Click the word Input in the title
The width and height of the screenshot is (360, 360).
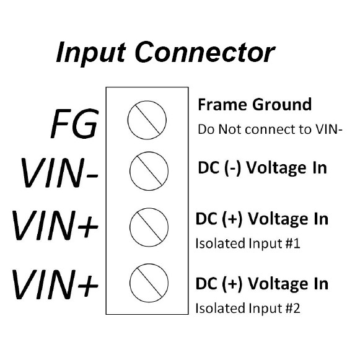[x=91, y=53]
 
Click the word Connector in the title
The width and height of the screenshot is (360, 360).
[x=205, y=52]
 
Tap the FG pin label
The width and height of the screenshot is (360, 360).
[x=74, y=123]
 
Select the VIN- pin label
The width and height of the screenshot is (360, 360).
[x=59, y=173]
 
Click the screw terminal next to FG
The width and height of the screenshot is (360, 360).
[x=147, y=120]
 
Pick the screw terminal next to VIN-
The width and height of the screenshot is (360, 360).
[x=149, y=171]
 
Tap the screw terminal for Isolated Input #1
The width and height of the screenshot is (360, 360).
[x=149, y=227]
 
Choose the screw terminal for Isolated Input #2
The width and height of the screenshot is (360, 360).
[x=149, y=283]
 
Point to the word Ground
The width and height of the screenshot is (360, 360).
[x=282, y=105]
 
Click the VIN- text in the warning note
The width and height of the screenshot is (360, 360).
[x=329, y=130]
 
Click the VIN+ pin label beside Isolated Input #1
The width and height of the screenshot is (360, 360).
[x=55, y=226]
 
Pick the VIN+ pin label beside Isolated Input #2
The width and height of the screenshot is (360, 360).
[x=55, y=284]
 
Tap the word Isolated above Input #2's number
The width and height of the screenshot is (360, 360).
[x=221, y=308]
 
